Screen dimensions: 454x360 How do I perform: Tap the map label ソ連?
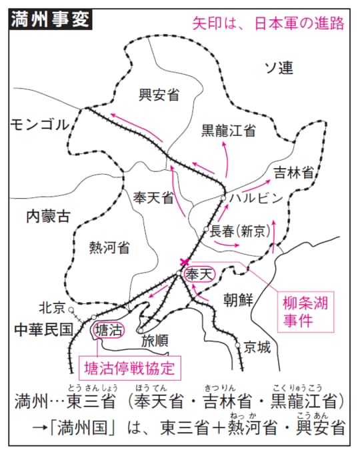(278, 67)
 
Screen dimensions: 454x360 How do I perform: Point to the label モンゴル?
(40, 124)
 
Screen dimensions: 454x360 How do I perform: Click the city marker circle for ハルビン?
(225, 198)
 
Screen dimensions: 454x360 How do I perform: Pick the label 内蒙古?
(48, 216)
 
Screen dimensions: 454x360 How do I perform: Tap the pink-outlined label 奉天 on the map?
(201, 274)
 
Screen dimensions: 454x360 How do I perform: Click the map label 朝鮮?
(238, 299)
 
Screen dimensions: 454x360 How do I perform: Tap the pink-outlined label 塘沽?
(108, 330)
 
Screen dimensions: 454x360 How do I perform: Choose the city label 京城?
(257, 347)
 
